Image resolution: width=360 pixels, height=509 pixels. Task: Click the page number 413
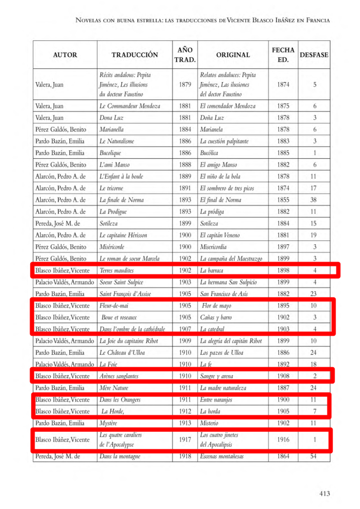tap(324, 494)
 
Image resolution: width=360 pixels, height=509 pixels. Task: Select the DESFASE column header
tap(314, 55)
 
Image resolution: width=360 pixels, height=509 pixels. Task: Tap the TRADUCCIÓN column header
tap(134, 55)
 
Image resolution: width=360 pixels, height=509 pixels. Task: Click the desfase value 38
tap(314, 200)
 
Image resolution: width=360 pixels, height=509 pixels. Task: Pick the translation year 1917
tap(185, 440)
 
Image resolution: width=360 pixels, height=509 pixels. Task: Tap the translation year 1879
tap(185, 85)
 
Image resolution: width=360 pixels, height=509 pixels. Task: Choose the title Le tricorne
tap(111, 188)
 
